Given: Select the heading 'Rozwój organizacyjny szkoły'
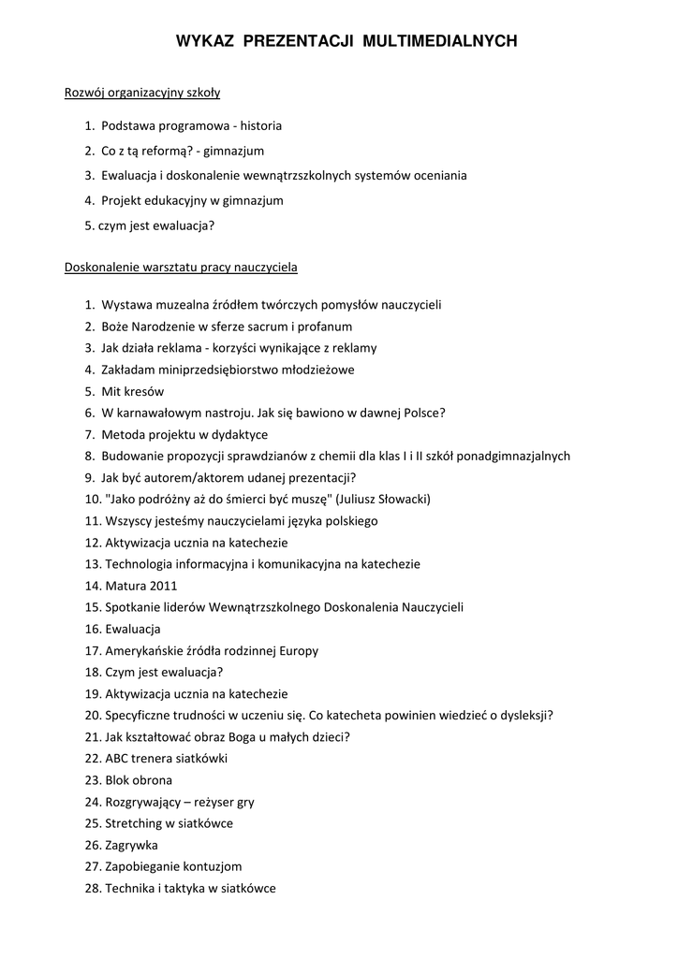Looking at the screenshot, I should pyautogui.click(x=141, y=94).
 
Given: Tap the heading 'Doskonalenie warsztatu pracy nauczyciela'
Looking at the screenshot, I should pyautogui.click(x=181, y=268).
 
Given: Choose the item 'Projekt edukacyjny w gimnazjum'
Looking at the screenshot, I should pyautogui.click(x=192, y=200).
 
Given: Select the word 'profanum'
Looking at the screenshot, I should pyautogui.click(x=325, y=327).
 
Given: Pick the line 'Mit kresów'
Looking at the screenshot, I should pyautogui.click(x=132, y=391).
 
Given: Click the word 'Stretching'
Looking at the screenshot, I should pyautogui.click(x=133, y=823).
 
